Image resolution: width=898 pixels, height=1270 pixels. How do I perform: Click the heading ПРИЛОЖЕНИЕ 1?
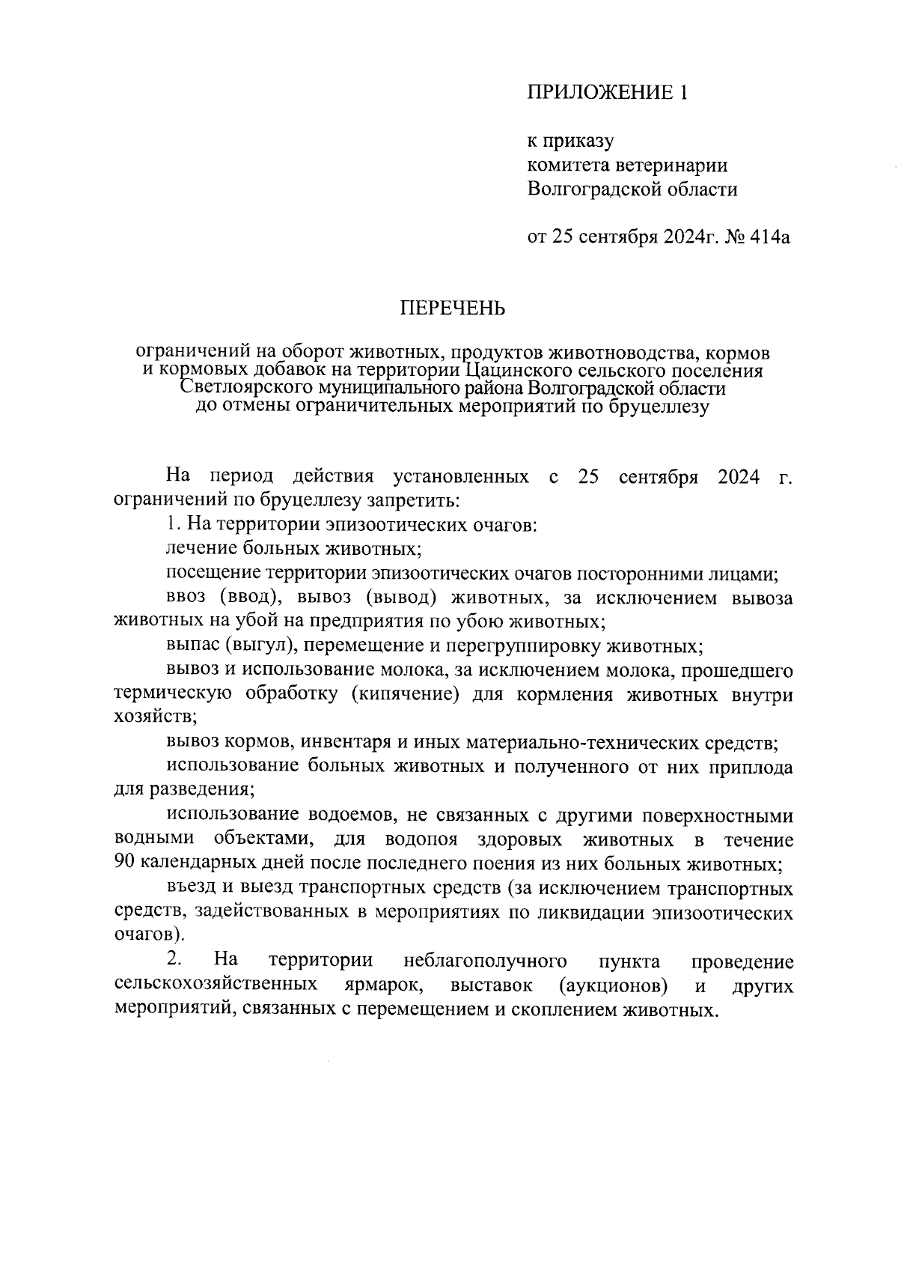coord(607,92)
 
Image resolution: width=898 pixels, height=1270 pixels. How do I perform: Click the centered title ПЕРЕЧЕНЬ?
coord(452,309)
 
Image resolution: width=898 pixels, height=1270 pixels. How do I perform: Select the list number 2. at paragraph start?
coord(173,961)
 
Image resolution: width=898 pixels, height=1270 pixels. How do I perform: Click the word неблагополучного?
coord(484,961)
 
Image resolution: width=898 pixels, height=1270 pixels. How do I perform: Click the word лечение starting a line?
coord(200,549)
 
